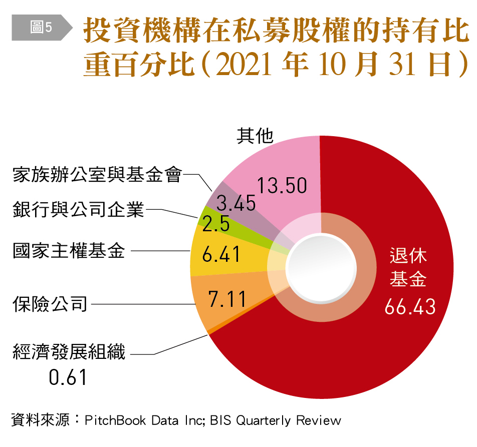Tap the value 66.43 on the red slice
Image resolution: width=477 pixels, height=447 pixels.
click(x=410, y=307)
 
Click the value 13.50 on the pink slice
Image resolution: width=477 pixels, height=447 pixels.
click(x=282, y=186)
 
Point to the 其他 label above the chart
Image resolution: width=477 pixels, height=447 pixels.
click(x=255, y=136)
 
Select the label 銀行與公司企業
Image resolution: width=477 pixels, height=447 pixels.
click(x=79, y=209)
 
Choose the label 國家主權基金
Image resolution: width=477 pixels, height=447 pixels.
click(x=69, y=250)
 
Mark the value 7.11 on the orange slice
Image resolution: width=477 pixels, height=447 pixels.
click(x=227, y=299)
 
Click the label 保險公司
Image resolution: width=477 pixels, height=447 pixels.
click(x=50, y=303)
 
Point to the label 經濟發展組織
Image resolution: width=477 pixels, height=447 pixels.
click(x=69, y=352)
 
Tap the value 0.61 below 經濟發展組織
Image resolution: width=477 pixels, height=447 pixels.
click(x=68, y=377)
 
